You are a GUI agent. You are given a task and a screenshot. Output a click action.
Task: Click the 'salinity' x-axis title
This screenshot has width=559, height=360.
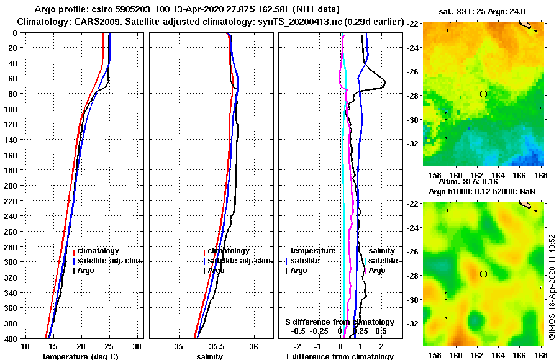[209, 356]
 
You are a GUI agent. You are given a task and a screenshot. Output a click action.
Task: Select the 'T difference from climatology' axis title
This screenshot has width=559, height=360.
[339, 356]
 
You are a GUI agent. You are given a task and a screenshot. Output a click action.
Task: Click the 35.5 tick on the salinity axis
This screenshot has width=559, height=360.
[216, 346]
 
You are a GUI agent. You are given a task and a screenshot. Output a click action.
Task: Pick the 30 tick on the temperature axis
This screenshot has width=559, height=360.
[137, 346]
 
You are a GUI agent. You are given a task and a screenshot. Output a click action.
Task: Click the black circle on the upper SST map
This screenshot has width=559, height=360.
[483, 94]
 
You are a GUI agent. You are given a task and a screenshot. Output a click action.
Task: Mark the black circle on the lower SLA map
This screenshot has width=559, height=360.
[483, 274]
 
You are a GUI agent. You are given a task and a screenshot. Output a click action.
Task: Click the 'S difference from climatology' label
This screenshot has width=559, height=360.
[339, 322]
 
